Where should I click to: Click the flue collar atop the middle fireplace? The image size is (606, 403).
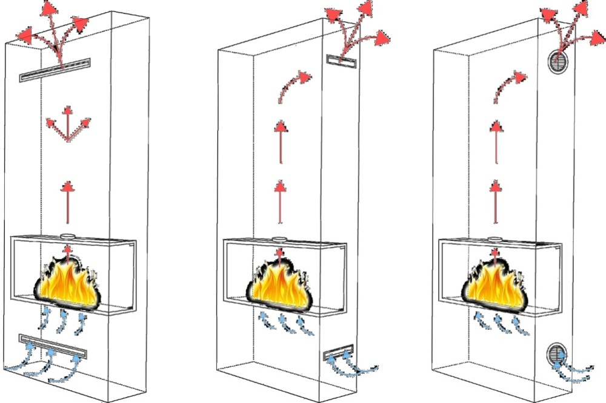pyautogui.click(x=279, y=239)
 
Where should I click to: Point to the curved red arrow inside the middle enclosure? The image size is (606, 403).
pyautogui.click(x=294, y=85)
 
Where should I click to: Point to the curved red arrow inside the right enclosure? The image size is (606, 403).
pyautogui.click(x=509, y=85)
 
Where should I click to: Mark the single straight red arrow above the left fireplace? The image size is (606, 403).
pyautogui.click(x=68, y=200)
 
